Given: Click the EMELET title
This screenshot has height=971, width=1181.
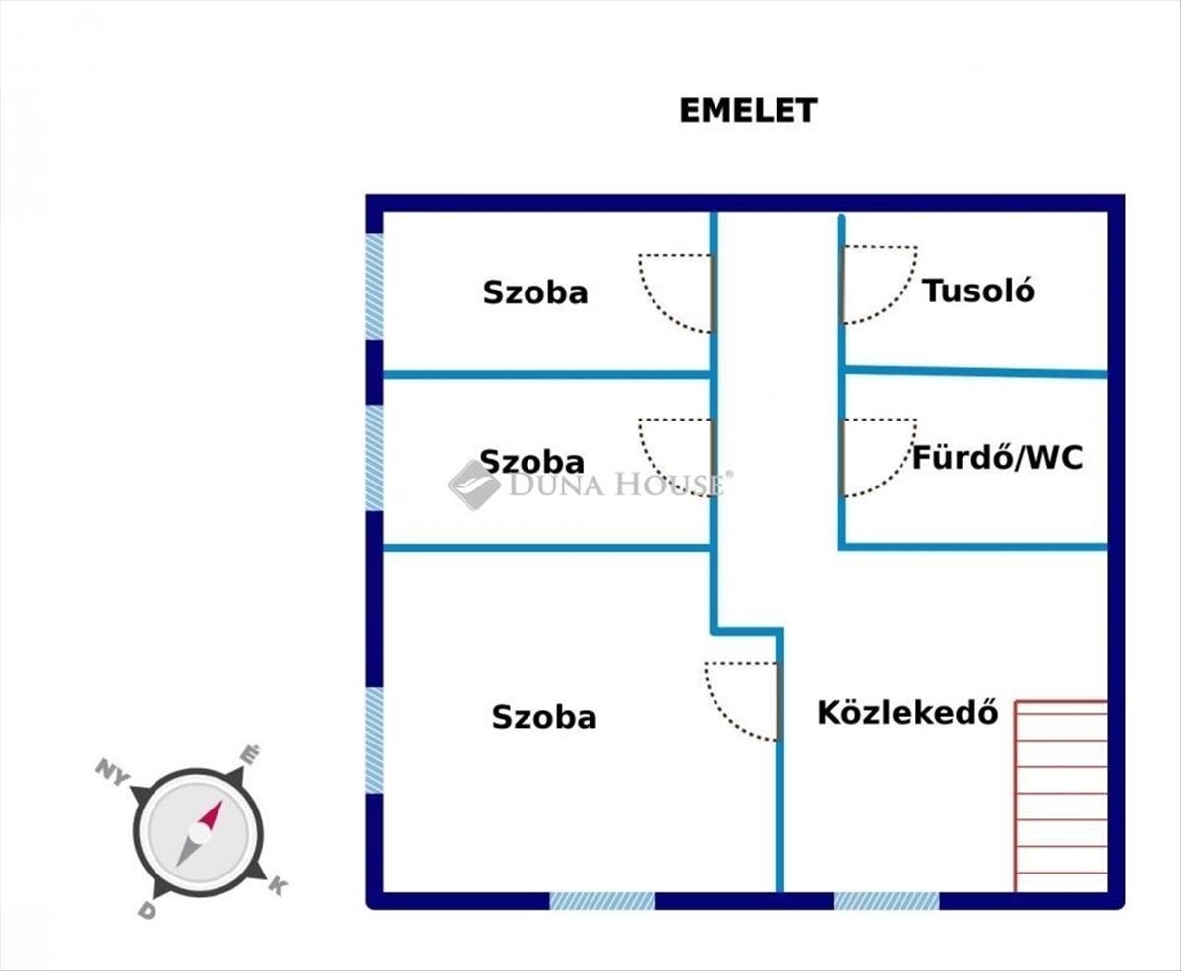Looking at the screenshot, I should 748,110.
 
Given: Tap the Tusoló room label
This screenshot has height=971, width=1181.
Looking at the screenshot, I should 978,291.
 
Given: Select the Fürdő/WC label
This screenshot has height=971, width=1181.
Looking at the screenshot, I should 997,458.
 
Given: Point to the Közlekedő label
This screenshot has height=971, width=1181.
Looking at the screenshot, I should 907,712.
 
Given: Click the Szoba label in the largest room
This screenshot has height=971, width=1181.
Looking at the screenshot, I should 543,716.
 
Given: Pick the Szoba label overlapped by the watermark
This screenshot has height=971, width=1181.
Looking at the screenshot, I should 531,461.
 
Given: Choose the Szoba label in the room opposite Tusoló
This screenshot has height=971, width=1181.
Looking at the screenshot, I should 534,292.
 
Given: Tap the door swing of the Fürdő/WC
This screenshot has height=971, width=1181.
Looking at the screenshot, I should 876,456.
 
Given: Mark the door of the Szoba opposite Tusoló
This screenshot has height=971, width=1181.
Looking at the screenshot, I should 677,291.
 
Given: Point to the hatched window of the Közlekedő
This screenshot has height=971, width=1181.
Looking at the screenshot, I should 886,900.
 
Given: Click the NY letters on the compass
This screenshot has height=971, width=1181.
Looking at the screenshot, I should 113,771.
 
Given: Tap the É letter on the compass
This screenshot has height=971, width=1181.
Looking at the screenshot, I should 250,755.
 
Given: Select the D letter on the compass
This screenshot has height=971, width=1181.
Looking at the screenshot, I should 147,910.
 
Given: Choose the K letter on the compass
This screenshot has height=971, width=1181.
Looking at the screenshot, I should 278,886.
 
